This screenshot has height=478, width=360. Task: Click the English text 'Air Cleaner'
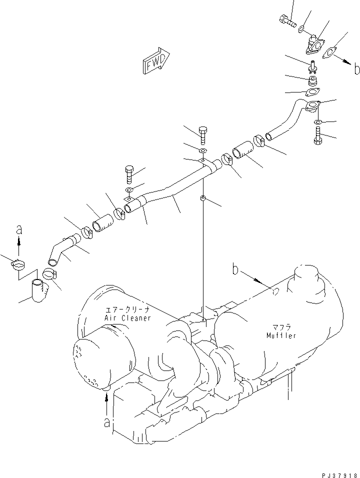point(127,318)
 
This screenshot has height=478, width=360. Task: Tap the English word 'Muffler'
point(280,335)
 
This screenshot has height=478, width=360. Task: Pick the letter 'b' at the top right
point(356,69)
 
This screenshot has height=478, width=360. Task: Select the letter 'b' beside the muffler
point(235,270)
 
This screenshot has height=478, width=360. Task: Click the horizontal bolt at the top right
point(285,21)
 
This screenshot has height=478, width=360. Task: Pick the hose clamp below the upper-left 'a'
point(18,264)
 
